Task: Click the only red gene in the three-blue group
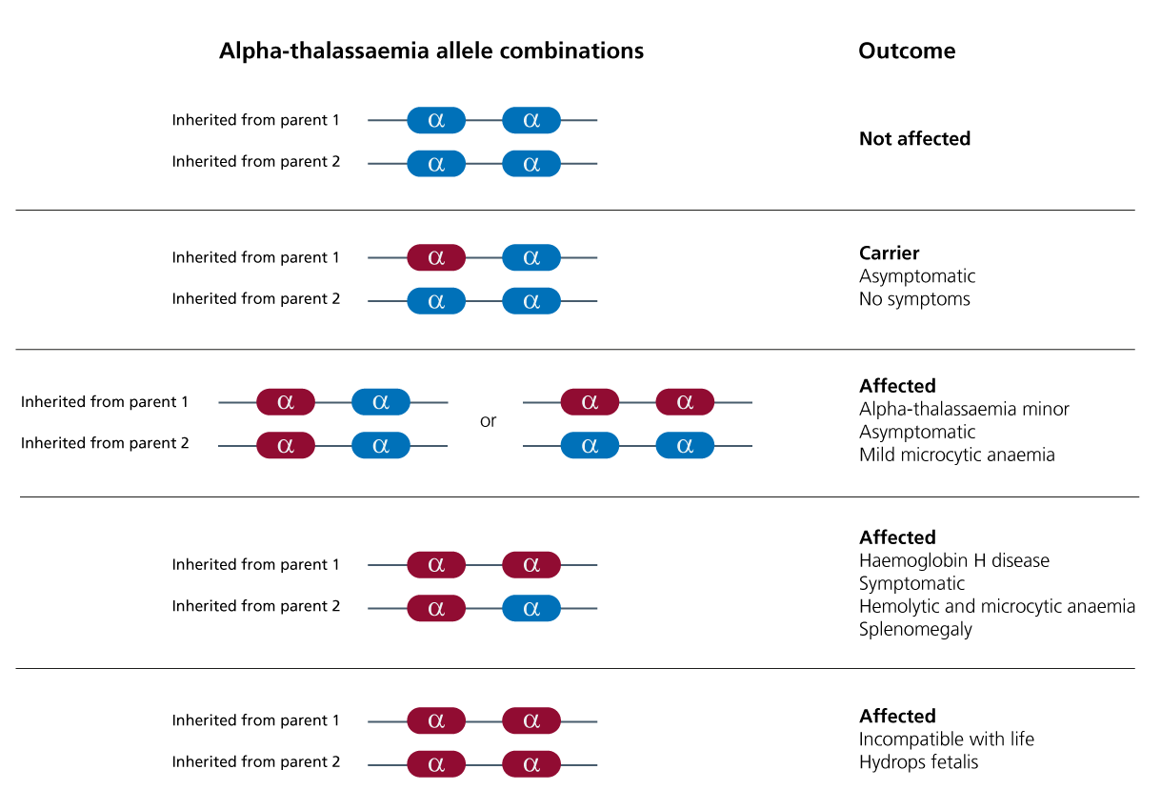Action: (x=436, y=257)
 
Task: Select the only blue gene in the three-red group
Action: (x=531, y=608)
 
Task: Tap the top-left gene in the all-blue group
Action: (x=436, y=120)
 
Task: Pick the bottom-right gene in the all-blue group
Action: (x=531, y=163)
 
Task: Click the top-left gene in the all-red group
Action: (x=436, y=721)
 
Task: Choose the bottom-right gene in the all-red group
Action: (x=531, y=764)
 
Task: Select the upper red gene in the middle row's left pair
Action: (x=286, y=402)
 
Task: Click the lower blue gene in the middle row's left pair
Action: (x=381, y=445)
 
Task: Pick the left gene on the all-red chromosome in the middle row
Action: (x=590, y=402)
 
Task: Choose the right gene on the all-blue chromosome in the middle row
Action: (x=685, y=445)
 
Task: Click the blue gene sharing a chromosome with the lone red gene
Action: (x=531, y=257)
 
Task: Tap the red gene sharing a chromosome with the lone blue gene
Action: (x=436, y=608)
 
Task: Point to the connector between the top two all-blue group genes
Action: (x=484, y=120)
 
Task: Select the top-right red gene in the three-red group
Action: (x=531, y=565)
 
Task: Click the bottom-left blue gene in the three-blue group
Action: (x=436, y=301)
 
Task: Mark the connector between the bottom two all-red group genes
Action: (x=484, y=764)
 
